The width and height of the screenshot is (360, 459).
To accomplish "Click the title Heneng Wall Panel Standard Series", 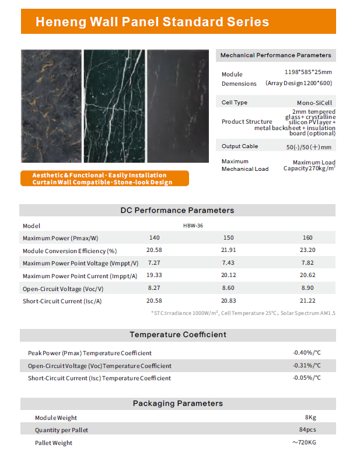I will coord(152,22).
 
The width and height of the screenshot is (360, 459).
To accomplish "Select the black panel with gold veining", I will coord(51,106).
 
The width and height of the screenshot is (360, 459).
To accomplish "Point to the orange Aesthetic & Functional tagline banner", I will coord(104,178).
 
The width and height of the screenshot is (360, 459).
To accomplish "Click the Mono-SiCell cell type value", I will coord(314,103).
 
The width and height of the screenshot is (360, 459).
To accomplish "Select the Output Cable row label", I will coord(239,146).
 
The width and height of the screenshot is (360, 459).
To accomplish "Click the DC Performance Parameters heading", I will coord(177,210).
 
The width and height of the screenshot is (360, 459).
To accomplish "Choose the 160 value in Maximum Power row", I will coord(308,237).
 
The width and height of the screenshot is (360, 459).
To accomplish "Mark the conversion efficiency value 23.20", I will coord(308,250).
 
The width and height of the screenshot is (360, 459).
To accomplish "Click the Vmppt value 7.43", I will coord(228,263).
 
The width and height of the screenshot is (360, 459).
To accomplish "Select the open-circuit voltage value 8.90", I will coord(308,288).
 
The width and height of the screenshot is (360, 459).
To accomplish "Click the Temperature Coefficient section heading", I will coord(177,335).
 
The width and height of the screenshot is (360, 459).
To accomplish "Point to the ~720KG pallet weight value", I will coord(305,443).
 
